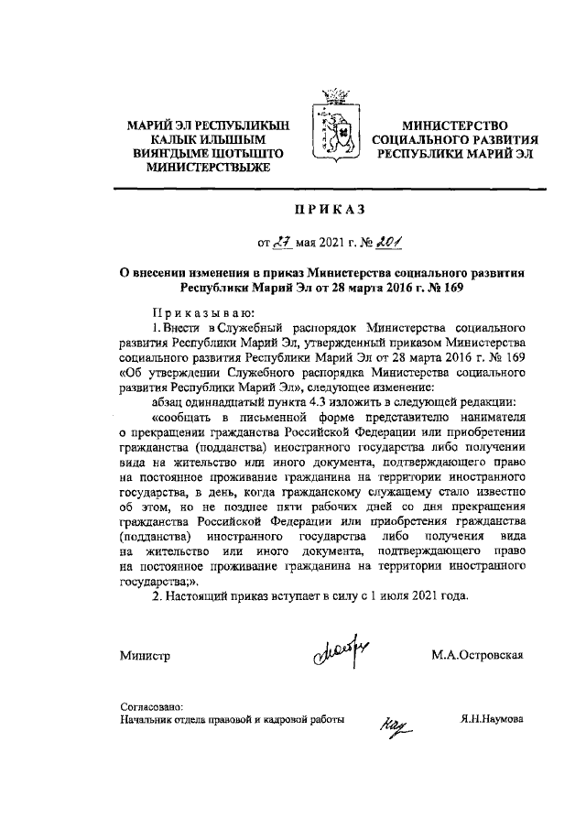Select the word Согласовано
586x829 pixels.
click(x=152, y=706)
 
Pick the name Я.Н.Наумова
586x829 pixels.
click(x=492, y=720)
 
